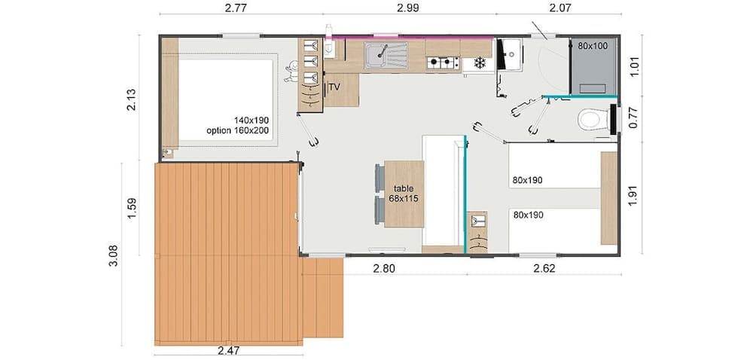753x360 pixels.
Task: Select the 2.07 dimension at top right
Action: [x=556, y=8]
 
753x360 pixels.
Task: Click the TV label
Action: [x=334, y=87]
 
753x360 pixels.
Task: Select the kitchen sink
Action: [x=384, y=54]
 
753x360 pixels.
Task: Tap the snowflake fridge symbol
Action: [x=477, y=64]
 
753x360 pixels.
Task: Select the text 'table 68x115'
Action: [x=404, y=194]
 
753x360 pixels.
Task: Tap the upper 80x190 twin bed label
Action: [x=528, y=180]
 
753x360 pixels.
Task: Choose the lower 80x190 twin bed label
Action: [x=528, y=215]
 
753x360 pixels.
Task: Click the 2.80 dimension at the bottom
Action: [x=385, y=268]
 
